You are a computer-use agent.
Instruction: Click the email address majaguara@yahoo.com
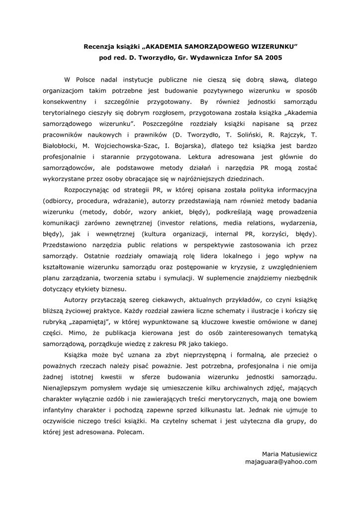(x=281, y=462)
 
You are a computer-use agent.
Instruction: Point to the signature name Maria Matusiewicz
(x=289, y=454)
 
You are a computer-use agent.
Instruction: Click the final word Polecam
(x=131, y=432)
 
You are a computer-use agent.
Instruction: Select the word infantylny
(x=60, y=410)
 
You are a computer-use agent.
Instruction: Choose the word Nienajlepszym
(x=68, y=388)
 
